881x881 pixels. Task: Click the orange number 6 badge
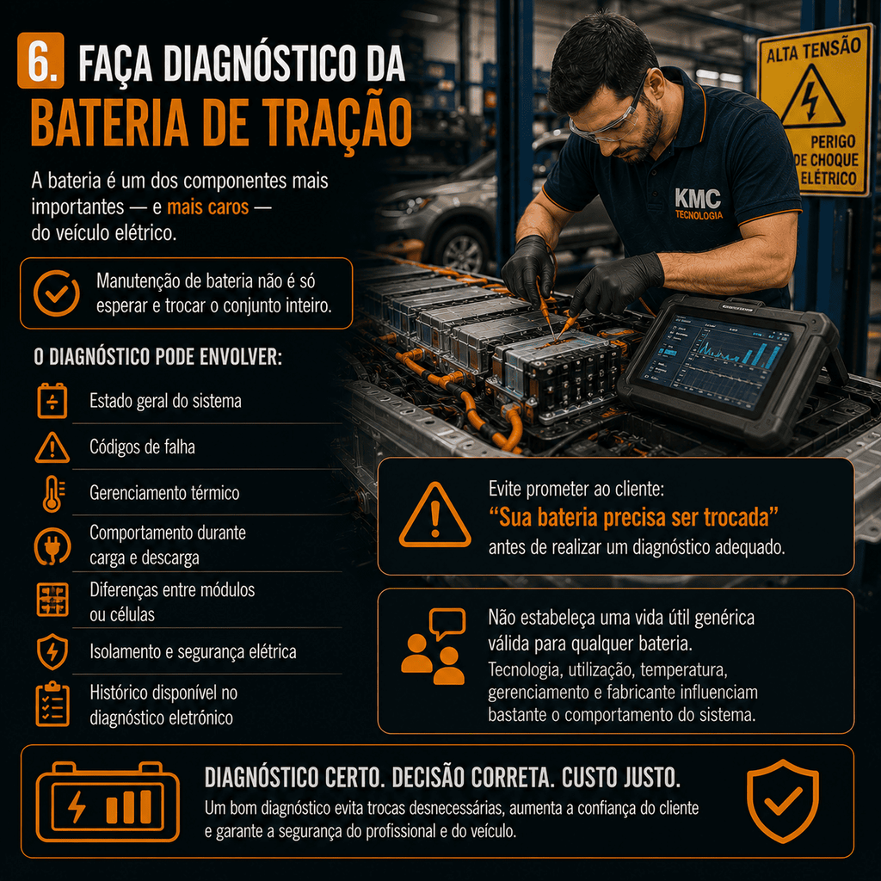pos(40,61)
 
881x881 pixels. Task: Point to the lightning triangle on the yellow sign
pos(812,96)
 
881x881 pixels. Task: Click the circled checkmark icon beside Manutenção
pos(56,293)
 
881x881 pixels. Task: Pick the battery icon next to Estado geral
pos(52,401)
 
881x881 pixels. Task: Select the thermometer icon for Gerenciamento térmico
pos(52,493)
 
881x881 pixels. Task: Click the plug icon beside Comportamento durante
pos(52,545)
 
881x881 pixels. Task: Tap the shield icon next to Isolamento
pos(52,652)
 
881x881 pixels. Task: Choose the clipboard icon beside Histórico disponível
pos(52,704)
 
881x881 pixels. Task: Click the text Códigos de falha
pos(142,447)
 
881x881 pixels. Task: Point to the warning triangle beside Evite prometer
pos(434,515)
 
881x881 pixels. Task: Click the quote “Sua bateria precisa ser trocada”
pos(633,517)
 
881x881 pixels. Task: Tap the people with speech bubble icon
pos(434,646)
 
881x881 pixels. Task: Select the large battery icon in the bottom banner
pos(108,802)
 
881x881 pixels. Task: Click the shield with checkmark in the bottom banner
pos(783,801)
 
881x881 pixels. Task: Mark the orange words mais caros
pos(208,206)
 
